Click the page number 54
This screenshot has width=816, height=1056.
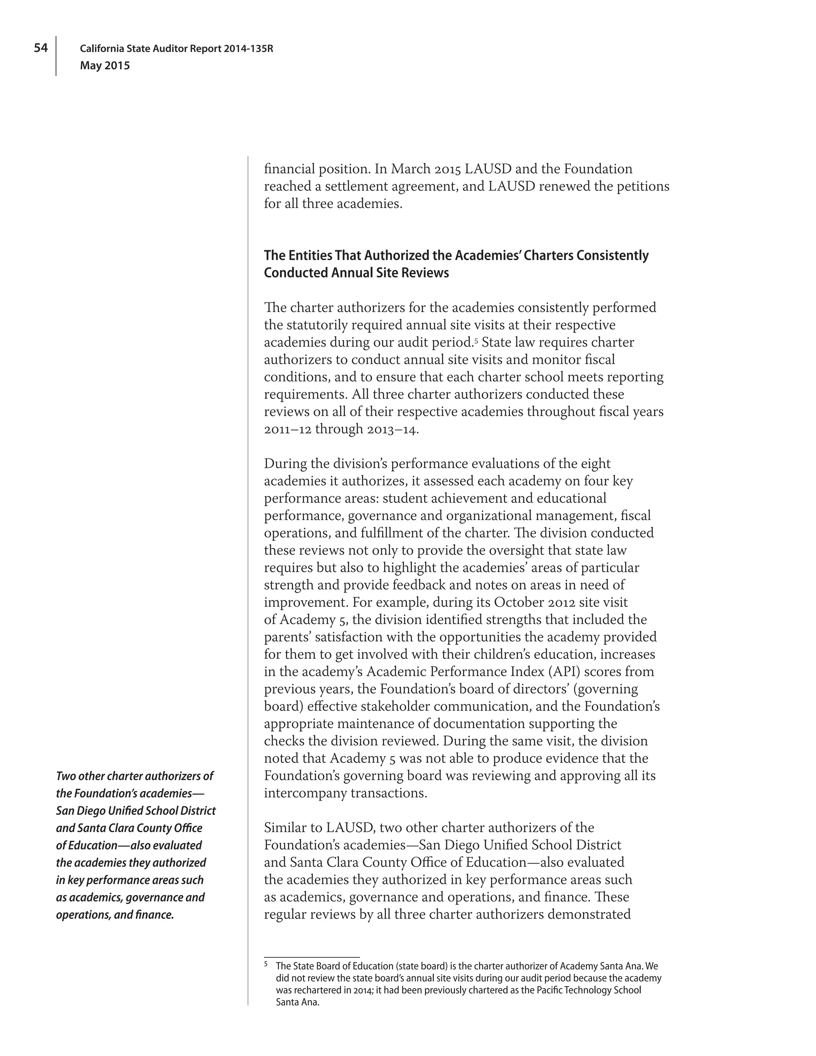pyautogui.click(x=41, y=48)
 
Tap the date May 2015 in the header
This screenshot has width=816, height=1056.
pyautogui.click(x=105, y=66)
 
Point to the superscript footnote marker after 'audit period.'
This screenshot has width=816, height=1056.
pyautogui.click(x=476, y=340)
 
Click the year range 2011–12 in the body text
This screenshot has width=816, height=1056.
pyautogui.click(x=288, y=429)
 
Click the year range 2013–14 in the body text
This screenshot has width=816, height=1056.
pyautogui.click(x=392, y=429)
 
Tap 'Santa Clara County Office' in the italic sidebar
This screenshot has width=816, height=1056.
pyautogui.click(x=129, y=828)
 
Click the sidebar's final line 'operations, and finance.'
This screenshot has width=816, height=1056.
pyautogui.click(x=115, y=915)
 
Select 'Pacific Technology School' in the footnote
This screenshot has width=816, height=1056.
pyautogui.click(x=589, y=990)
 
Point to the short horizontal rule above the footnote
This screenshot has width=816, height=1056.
pyautogui.click(x=312, y=957)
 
